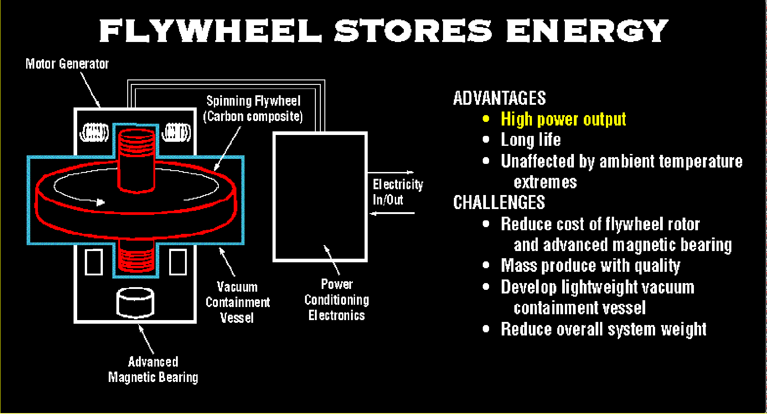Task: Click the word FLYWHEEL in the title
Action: pos(211,31)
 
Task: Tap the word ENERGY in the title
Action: pos(587,31)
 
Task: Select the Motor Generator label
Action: pos(67,64)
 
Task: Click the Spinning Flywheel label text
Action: pos(253,109)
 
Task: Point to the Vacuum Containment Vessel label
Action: pos(238,302)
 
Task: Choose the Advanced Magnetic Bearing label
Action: pos(153,369)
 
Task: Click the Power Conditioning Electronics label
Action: pos(337,300)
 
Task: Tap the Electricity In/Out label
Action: pos(398,192)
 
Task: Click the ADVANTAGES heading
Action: pos(499,98)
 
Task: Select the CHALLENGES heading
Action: pos(499,203)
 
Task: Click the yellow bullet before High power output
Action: pos(486,119)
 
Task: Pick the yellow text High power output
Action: pos(563,119)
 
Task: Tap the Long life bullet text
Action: pos(531,140)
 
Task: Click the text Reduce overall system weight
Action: pos(603,330)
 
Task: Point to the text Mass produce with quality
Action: pos(590,265)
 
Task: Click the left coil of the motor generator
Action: pos(94,133)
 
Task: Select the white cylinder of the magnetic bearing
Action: pos(136,302)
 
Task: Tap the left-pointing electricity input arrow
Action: pos(393,214)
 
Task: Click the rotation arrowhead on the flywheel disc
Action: pos(100,202)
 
